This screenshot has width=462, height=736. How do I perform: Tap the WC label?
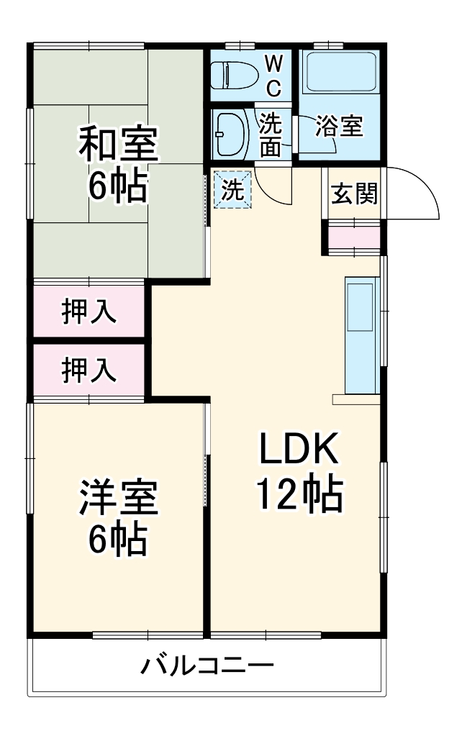pyautogui.click(x=273, y=76)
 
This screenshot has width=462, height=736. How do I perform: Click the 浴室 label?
pyautogui.click(x=339, y=127)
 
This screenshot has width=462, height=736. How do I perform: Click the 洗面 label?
pyautogui.click(x=271, y=135)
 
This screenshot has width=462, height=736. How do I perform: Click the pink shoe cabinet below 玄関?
pyautogui.click(x=353, y=237)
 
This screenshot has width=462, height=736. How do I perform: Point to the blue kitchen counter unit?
pyautogui.click(x=360, y=335)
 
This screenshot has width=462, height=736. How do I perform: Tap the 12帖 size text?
pyautogui.click(x=299, y=495)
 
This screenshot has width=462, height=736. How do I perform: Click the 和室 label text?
pyautogui.click(x=117, y=143)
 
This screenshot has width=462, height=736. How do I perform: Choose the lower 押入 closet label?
pyautogui.click(x=88, y=370)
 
